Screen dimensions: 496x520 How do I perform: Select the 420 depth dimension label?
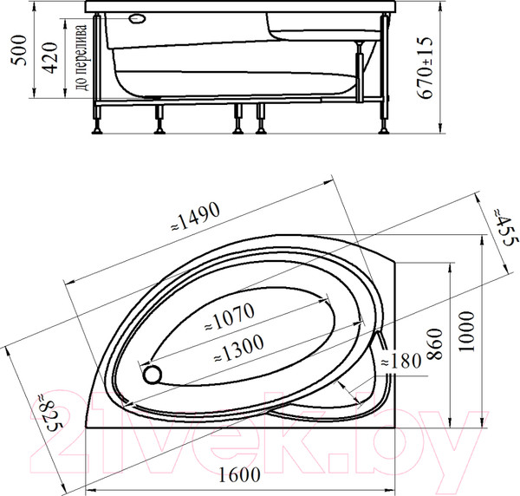click(53, 58)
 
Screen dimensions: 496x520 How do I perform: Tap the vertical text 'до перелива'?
click(81, 59)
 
